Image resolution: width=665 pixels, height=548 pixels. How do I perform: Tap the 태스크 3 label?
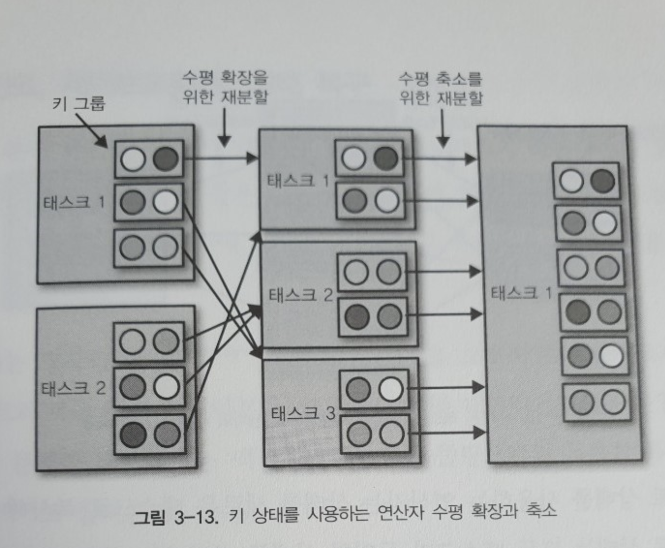click(x=302, y=413)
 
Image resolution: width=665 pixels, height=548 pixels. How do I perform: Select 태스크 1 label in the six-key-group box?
click(x=521, y=293)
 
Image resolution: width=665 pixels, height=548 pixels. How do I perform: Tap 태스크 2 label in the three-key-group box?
click(x=73, y=388)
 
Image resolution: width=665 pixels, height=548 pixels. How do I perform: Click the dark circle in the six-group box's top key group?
click(x=603, y=181)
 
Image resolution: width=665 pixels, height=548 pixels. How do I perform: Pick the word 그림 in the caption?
click(x=149, y=517)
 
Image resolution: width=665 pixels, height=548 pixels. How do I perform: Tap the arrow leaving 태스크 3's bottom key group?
click(x=448, y=433)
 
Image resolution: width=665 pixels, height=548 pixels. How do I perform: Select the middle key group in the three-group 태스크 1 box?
click(x=149, y=203)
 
